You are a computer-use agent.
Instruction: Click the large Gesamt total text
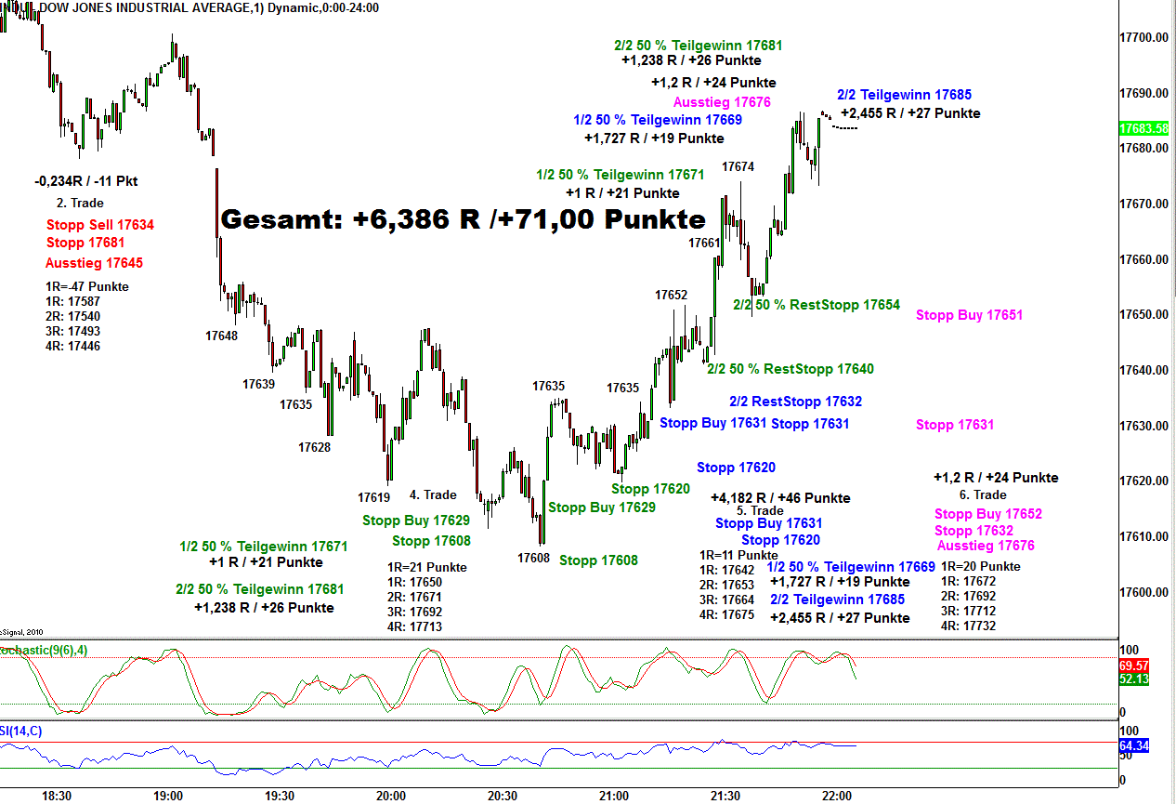(463, 220)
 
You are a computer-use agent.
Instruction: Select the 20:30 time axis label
(502, 797)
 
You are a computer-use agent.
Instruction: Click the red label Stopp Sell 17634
(100, 224)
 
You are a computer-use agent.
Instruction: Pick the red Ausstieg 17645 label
(94, 263)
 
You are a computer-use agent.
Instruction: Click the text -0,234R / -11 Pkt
(85, 181)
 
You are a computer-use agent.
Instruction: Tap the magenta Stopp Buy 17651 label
(969, 315)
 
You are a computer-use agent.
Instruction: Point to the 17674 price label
(738, 166)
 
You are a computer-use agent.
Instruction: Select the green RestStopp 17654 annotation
(817, 305)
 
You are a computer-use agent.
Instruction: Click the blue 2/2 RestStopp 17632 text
(795, 402)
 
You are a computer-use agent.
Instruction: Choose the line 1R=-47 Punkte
(86, 286)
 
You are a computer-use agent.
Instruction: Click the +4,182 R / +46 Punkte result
(780, 498)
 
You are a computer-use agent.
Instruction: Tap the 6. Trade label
(983, 494)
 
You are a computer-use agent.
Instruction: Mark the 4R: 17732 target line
(968, 626)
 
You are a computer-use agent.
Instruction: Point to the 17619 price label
(373, 497)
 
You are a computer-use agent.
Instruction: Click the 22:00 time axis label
(837, 797)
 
